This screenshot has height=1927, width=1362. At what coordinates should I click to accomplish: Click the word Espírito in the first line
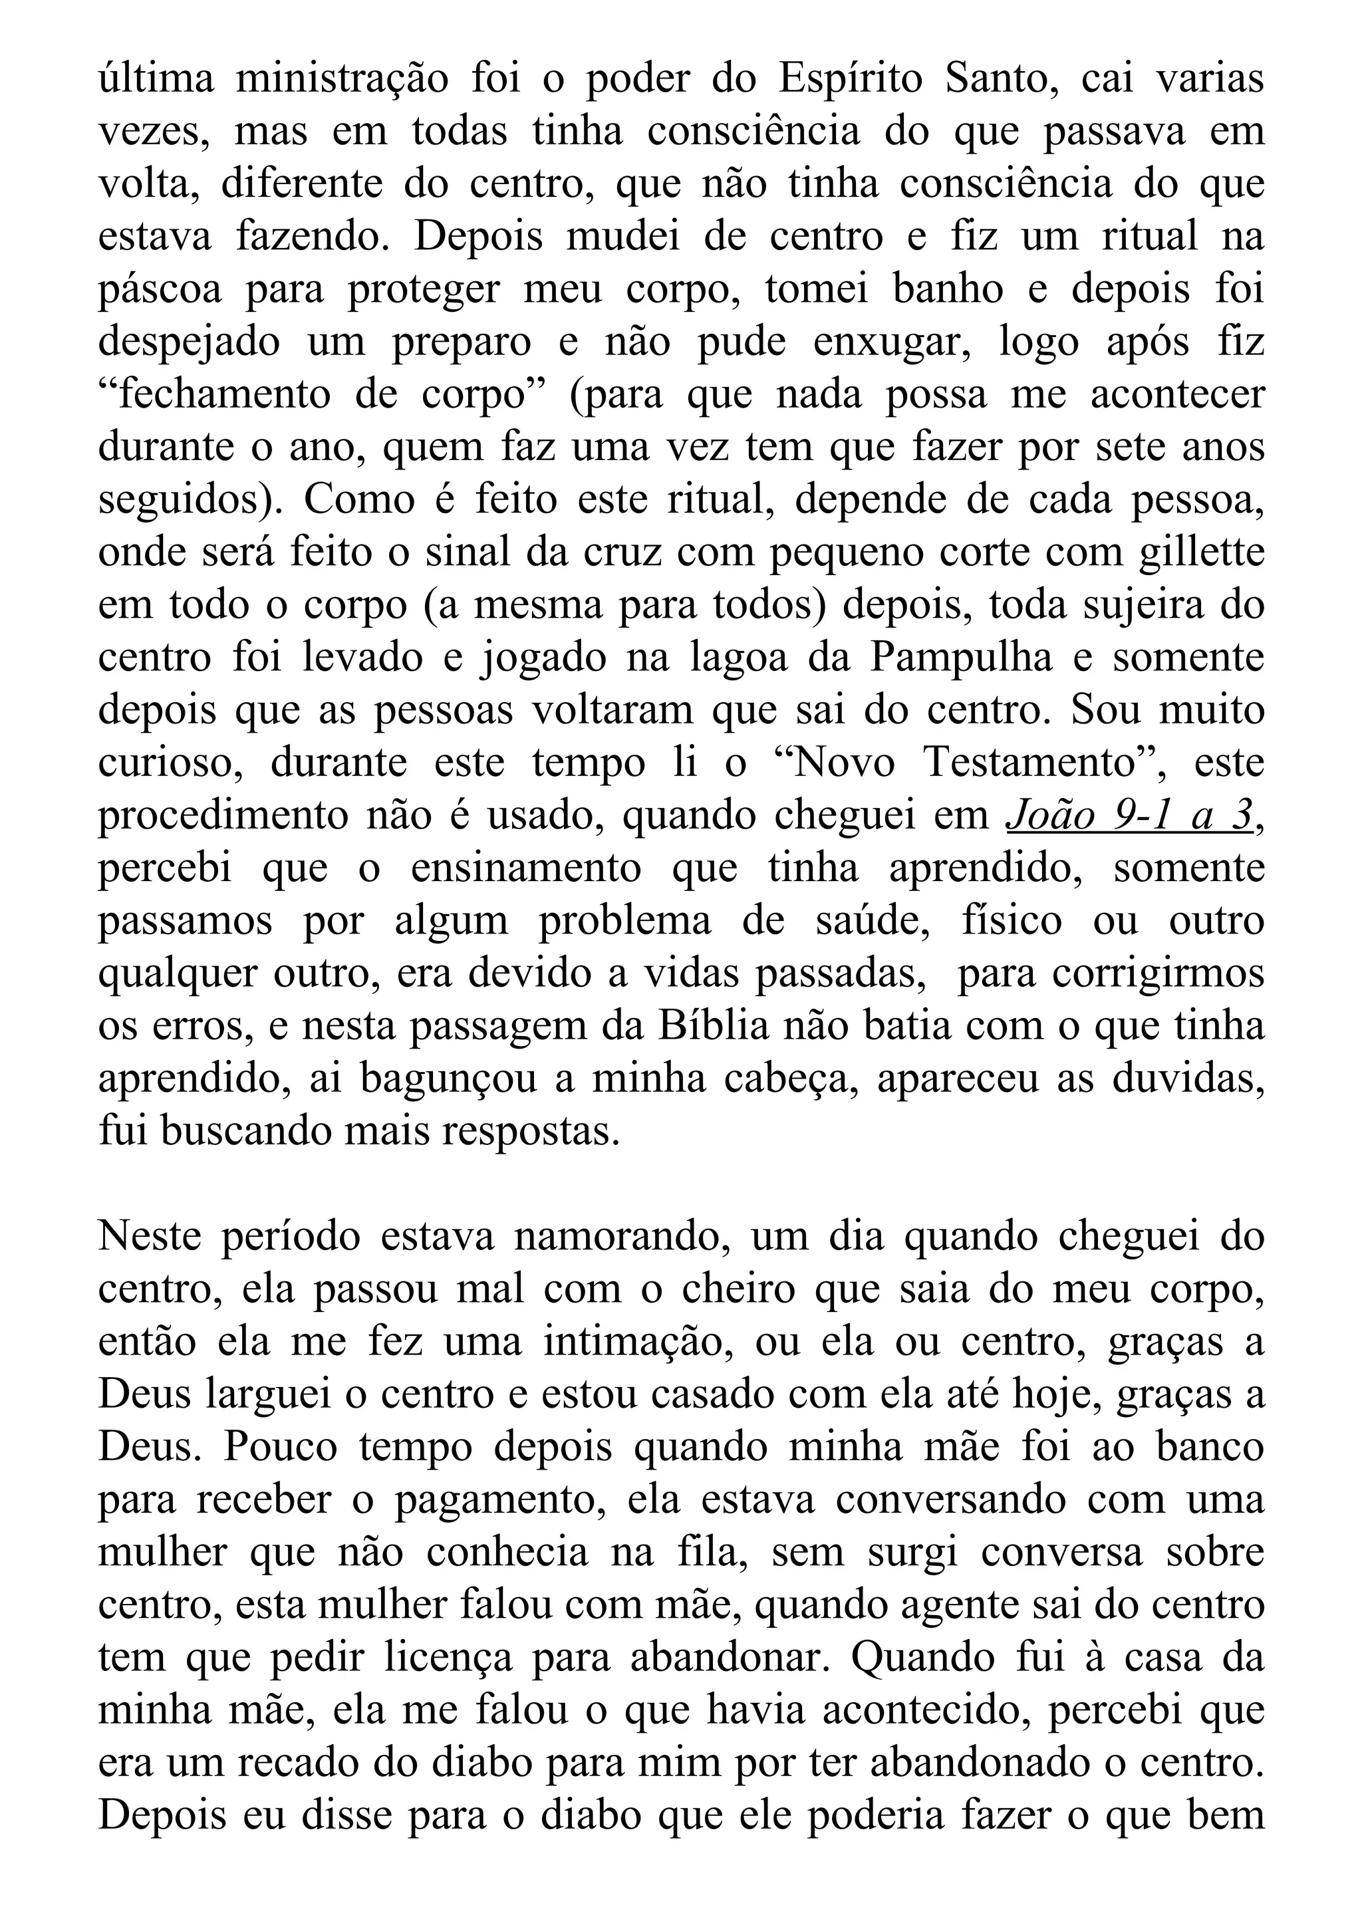coord(849,79)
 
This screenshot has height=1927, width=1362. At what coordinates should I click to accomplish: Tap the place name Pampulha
coord(961,658)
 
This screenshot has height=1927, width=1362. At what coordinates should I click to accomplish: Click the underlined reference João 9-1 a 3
coord(1129,817)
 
